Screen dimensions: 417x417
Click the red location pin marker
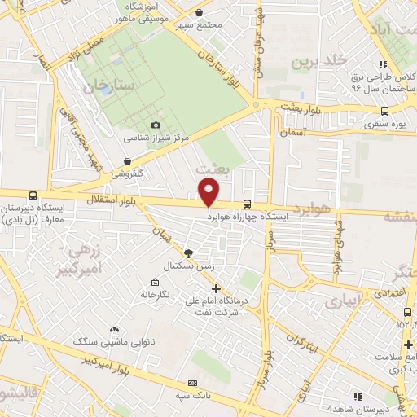click(209, 193)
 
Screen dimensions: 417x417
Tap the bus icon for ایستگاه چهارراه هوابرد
click(246, 205)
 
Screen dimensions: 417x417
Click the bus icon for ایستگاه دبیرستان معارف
click(33, 195)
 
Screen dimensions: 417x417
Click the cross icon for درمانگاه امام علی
click(216, 288)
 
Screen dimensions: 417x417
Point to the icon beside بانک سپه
click(192, 383)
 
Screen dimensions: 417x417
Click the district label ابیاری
click(340, 301)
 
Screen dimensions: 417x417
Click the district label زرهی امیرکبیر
click(78, 257)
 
